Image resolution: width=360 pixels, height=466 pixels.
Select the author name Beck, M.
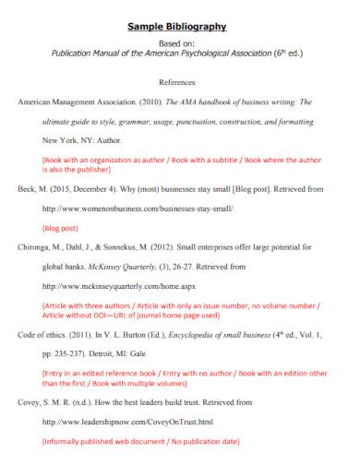click(32, 188)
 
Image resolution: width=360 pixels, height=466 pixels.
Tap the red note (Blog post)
click(62, 228)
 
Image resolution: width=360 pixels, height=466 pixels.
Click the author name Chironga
click(37, 248)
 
